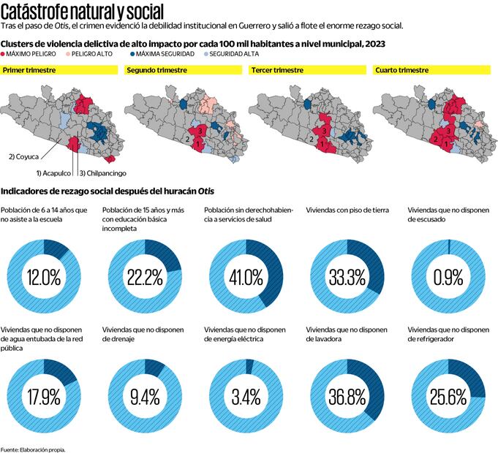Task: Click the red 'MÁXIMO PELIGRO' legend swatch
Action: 6,54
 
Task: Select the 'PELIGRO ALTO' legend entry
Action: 108,54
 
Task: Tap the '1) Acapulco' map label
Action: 53,173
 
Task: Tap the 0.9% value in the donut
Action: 448,278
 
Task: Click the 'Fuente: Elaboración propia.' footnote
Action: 33,449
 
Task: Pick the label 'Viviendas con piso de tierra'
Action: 347,210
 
